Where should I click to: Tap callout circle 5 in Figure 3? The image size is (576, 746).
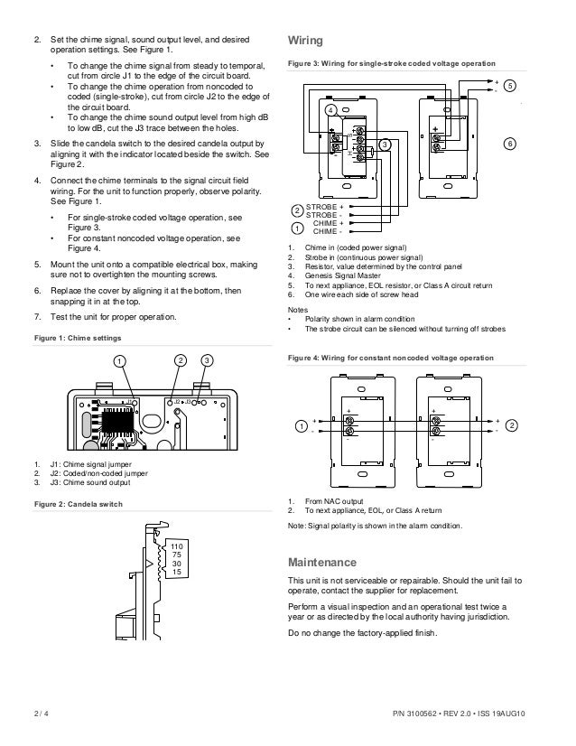click(510, 86)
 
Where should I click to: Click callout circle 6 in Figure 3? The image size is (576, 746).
click(510, 145)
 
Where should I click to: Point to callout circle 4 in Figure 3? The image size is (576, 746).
click(331, 110)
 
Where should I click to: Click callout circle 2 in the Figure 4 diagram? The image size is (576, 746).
click(512, 424)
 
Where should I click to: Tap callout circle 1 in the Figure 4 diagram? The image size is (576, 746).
click(301, 424)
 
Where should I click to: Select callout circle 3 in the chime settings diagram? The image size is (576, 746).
click(207, 361)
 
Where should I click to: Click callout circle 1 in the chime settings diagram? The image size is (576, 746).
click(118, 361)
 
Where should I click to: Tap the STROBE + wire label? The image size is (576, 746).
click(325, 207)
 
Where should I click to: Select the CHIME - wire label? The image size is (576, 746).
click(328, 231)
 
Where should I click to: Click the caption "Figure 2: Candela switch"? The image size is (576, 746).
click(76, 502)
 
